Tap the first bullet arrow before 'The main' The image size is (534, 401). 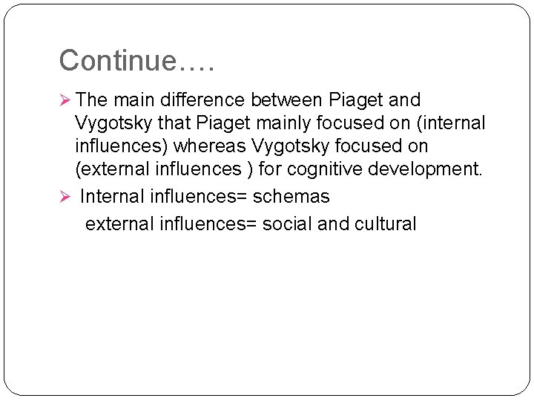click(x=65, y=100)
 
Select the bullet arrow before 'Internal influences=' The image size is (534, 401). click(x=65, y=198)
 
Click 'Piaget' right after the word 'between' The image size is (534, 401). click(x=355, y=100)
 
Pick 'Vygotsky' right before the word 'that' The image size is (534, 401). click(x=113, y=123)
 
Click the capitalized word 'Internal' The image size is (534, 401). click(x=112, y=197)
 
